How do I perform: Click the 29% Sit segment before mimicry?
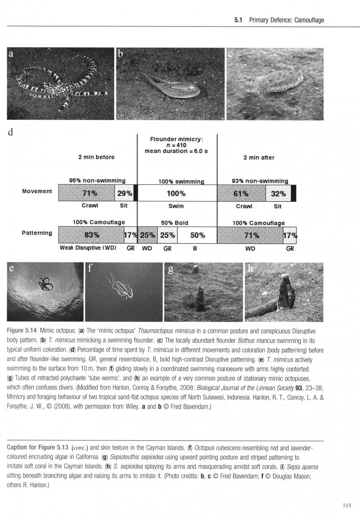tap(124, 193)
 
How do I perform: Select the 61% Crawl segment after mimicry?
tap(242, 193)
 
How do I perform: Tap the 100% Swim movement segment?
tap(177, 193)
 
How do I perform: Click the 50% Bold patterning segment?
tap(197, 235)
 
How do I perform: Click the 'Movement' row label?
tap(37, 191)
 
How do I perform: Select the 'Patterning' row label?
tap(37, 233)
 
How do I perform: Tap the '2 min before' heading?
tap(96, 157)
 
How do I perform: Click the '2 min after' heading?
tap(259, 158)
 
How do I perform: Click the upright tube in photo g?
tap(200, 299)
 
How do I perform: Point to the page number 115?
tap(347, 506)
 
